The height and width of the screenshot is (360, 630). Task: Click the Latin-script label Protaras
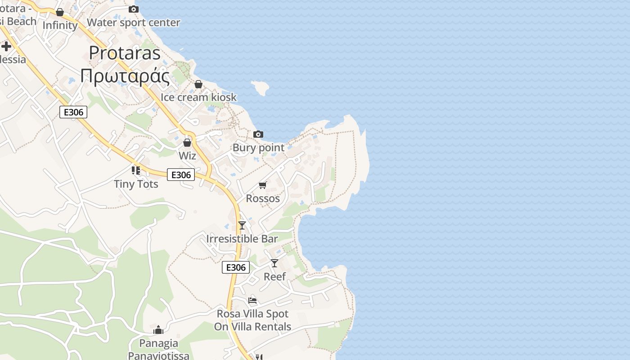tap(125, 53)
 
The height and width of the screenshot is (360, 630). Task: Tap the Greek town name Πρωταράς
tap(125, 76)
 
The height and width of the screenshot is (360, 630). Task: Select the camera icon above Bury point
tap(258, 134)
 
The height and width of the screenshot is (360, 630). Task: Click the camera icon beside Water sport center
tap(133, 9)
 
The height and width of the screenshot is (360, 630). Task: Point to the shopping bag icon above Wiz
tap(187, 143)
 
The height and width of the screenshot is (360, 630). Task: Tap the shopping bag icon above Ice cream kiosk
tap(198, 84)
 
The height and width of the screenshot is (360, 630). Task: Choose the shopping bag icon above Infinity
tap(60, 12)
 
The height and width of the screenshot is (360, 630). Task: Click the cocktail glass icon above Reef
tap(274, 263)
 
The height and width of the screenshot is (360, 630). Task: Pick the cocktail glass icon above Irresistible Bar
tap(242, 225)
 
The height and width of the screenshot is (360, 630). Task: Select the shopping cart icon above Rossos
tap(263, 185)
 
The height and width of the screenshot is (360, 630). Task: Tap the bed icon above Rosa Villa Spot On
tap(252, 300)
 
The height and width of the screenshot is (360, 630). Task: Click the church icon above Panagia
tap(158, 330)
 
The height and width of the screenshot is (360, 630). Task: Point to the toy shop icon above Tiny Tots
tap(136, 170)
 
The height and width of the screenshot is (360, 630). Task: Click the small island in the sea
tap(260, 87)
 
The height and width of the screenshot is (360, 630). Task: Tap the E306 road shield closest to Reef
tap(236, 267)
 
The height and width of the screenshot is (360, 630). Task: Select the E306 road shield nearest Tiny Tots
tap(181, 175)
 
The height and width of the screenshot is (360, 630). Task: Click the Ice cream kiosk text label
tap(198, 97)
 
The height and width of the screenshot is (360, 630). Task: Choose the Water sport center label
tap(133, 22)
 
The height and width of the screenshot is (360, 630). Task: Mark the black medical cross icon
tap(6, 46)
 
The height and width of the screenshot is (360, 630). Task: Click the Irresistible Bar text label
tap(242, 238)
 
